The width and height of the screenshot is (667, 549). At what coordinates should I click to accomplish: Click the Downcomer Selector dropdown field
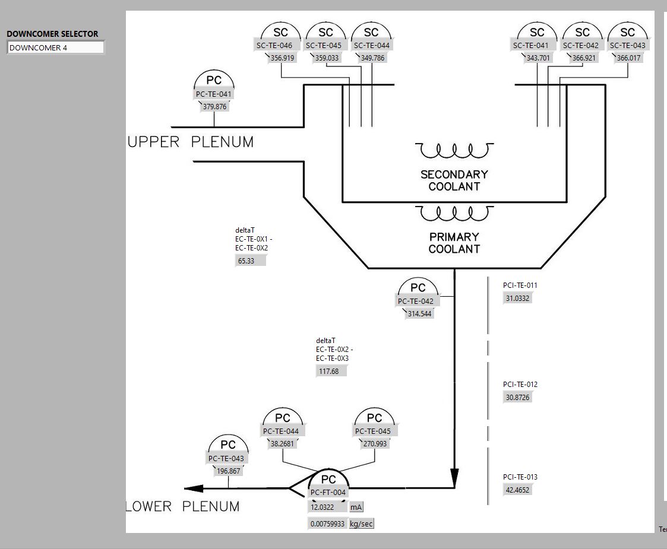click(56, 47)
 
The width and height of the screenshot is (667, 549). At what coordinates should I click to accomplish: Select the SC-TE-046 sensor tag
click(274, 45)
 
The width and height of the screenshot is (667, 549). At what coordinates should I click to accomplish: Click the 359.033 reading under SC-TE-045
click(327, 58)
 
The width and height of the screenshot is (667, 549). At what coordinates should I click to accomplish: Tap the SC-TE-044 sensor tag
click(372, 45)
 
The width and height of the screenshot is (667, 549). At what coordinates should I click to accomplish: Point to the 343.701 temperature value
click(539, 58)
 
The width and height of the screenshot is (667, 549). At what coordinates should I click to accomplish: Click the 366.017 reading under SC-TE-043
click(629, 58)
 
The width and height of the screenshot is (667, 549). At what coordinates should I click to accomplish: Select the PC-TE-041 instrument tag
click(214, 94)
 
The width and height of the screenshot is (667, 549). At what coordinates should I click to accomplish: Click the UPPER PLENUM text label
click(191, 142)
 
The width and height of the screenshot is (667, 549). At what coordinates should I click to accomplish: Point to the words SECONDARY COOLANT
click(454, 180)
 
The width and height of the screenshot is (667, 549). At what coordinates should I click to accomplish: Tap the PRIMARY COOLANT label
click(454, 243)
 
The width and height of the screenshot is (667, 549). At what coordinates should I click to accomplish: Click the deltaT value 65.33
click(250, 261)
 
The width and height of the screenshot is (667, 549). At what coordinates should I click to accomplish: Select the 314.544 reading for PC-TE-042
click(419, 314)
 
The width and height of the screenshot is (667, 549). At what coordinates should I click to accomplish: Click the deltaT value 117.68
click(330, 372)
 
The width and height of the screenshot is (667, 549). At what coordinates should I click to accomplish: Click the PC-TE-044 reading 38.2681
click(282, 444)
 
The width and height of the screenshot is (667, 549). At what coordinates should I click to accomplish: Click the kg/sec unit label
click(362, 523)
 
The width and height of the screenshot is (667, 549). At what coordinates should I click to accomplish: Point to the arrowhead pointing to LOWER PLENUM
click(194, 489)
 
